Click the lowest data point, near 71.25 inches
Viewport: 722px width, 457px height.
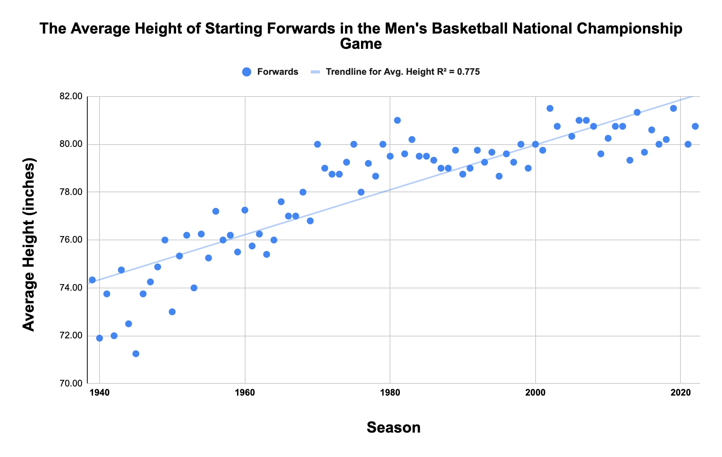coord(136,354)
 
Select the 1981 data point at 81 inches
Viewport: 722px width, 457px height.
coord(397,120)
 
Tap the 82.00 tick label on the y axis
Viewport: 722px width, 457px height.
coord(71,97)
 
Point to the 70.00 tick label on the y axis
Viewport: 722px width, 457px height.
coord(71,383)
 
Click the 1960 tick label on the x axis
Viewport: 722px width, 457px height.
coord(245,393)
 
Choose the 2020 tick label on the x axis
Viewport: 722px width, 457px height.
coord(680,393)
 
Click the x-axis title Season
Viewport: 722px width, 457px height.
coord(393,428)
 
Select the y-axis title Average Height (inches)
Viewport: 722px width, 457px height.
coord(29,244)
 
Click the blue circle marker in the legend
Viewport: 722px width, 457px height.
coord(247,72)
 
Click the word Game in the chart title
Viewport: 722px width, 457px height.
coord(361,44)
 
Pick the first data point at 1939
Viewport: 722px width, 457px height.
coord(92,280)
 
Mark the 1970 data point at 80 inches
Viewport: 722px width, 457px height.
coord(317,144)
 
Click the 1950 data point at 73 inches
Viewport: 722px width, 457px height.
coord(172,312)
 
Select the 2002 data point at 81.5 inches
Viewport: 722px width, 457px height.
coord(550,108)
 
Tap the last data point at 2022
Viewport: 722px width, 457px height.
coord(695,126)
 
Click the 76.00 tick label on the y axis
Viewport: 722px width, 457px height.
coord(71,240)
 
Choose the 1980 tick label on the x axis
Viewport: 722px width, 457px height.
coord(390,393)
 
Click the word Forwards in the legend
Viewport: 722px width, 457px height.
coord(278,72)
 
